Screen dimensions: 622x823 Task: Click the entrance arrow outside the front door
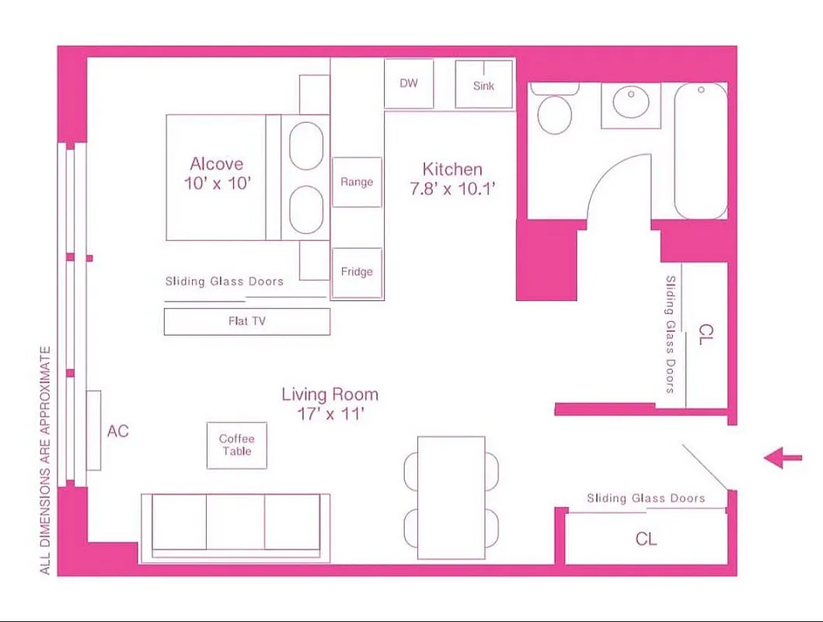click(x=783, y=458)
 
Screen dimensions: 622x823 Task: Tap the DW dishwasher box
click(x=409, y=84)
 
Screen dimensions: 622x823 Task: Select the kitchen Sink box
click(x=483, y=85)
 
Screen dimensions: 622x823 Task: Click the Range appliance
click(x=357, y=182)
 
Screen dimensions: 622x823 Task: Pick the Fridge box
click(x=357, y=272)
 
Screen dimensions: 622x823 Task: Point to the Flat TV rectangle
click(x=247, y=321)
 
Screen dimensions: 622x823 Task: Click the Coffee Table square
click(x=236, y=446)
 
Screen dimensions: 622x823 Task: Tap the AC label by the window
click(x=118, y=432)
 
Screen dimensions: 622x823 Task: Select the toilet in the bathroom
click(x=555, y=112)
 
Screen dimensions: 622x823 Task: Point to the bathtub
click(x=700, y=151)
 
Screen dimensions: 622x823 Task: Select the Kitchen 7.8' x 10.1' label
click(x=452, y=178)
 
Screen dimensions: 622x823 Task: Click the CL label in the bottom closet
click(x=646, y=539)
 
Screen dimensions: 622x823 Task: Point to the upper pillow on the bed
click(x=305, y=145)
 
